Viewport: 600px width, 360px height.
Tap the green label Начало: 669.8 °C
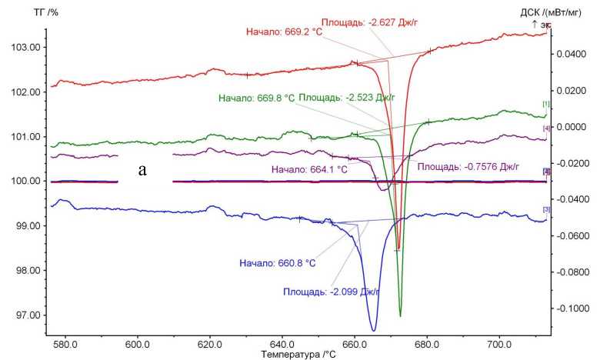[x=255, y=98]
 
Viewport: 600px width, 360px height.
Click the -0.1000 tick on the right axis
[x=570, y=308]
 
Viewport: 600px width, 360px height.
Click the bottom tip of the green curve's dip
[x=401, y=315]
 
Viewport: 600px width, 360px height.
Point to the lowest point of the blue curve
[x=373, y=330]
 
